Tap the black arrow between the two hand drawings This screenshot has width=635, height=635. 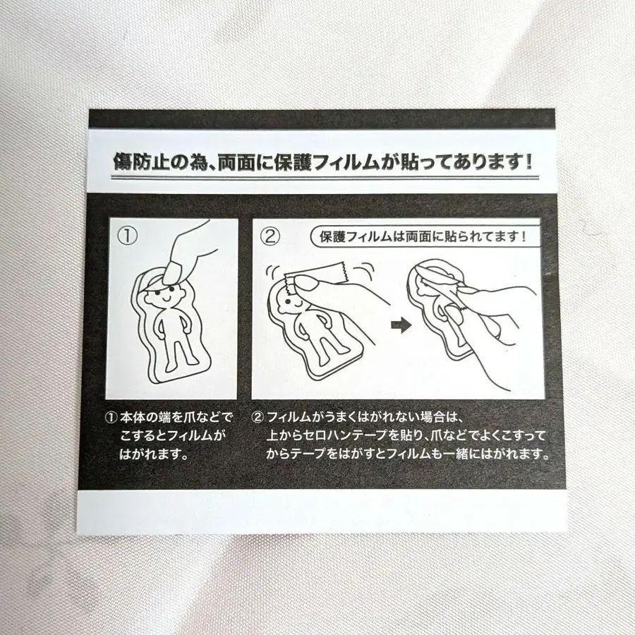[400, 325]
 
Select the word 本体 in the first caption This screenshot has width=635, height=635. [130, 418]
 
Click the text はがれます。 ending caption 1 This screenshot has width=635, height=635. [152, 455]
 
